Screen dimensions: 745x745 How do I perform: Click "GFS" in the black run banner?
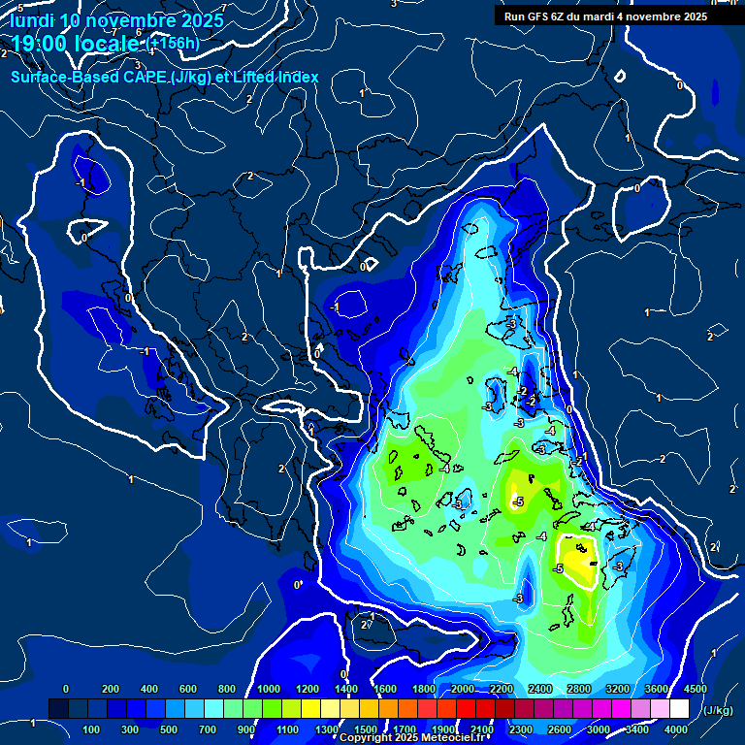tap(537, 16)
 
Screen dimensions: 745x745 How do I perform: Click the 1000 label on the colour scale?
tap(268, 689)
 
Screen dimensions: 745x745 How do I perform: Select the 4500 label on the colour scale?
tap(695, 689)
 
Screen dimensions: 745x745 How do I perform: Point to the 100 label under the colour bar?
tap(92, 729)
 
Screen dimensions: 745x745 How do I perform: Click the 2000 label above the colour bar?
tap(462, 689)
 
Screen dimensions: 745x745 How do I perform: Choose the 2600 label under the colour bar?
tap(560, 729)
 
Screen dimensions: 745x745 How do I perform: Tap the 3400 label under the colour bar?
tap(637, 729)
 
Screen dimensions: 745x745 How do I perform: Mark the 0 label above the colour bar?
tap(66, 689)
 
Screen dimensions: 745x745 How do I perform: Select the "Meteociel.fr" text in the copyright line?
tap(450, 738)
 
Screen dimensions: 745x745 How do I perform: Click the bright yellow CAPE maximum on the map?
tap(578, 560)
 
